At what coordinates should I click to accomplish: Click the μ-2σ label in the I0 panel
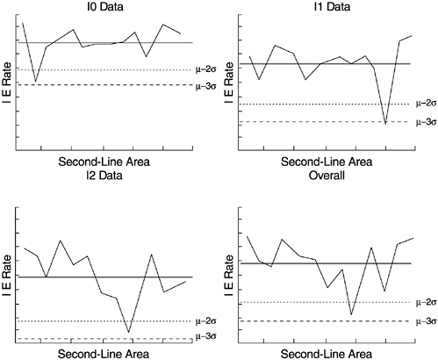pos(207,69)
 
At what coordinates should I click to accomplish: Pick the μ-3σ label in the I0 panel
pos(207,85)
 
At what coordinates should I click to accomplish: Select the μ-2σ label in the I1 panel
pos(425,104)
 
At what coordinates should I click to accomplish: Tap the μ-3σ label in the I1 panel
pos(425,122)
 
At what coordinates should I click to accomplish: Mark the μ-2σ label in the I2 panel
pos(207,321)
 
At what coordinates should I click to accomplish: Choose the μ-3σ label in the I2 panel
pos(207,336)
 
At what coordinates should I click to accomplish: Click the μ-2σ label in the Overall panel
pos(425,302)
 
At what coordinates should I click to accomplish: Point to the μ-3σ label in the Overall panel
pos(425,321)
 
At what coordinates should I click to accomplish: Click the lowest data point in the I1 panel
pos(385,124)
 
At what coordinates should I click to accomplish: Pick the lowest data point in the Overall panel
pos(352,314)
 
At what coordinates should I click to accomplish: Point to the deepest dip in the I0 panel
pos(35,82)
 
